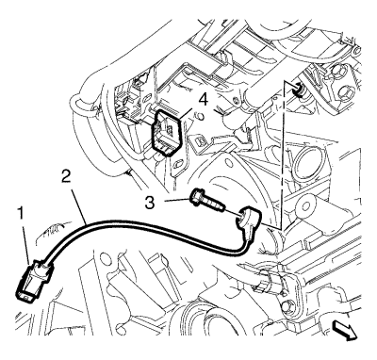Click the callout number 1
(22, 215)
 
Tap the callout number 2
(66, 177)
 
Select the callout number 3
(150, 203)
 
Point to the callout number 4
(204, 100)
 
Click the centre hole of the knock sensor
(243, 216)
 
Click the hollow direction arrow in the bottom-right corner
(345, 332)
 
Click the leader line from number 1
(27, 243)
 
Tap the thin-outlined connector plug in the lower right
(270, 281)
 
